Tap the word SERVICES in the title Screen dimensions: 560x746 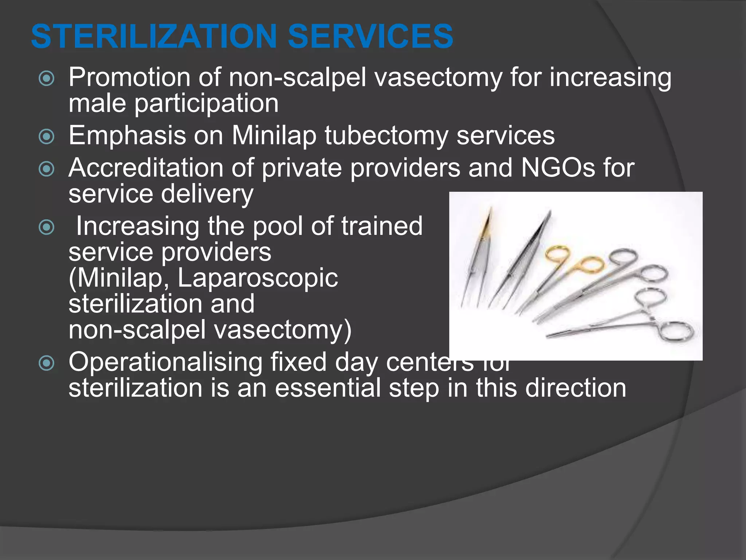(370, 36)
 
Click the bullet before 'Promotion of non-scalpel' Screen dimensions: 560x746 (47, 78)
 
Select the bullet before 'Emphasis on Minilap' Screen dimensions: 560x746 (47, 137)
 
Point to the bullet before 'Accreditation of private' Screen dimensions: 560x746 (47, 169)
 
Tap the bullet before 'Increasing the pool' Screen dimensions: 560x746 (47, 227)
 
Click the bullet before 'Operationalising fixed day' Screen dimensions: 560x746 (47, 363)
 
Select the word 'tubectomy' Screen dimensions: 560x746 (386, 136)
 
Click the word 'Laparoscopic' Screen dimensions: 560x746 (258, 278)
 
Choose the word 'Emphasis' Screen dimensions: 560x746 (127, 136)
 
